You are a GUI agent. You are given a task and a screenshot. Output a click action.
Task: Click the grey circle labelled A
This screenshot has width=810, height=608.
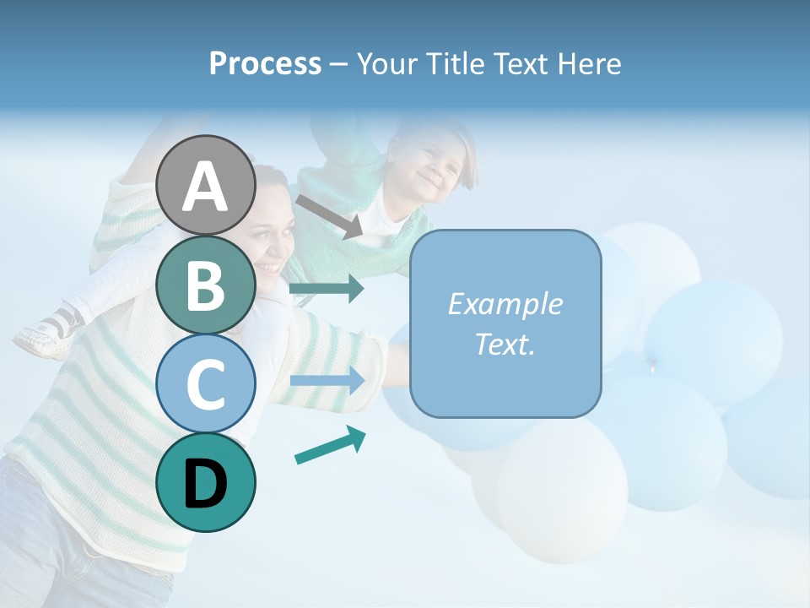pyautogui.click(x=206, y=185)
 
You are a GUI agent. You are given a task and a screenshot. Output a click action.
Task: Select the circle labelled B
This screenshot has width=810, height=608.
pyautogui.click(x=206, y=285)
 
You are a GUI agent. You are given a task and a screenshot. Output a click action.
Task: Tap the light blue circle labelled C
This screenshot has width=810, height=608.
pyautogui.click(x=206, y=384)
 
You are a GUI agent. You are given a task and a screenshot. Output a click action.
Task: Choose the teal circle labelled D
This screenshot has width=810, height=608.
pyautogui.click(x=206, y=483)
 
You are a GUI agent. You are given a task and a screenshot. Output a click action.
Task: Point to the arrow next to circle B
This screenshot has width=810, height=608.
pyautogui.click(x=327, y=289)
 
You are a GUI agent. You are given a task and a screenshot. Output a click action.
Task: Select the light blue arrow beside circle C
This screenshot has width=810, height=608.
pyautogui.click(x=327, y=380)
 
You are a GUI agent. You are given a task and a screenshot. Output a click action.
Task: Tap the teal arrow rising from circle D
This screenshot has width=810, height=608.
pyautogui.click(x=330, y=445)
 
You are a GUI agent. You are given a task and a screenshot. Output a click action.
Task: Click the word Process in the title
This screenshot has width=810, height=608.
pyautogui.click(x=265, y=64)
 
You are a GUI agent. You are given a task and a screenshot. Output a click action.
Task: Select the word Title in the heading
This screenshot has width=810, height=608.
pyautogui.click(x=461, y=64)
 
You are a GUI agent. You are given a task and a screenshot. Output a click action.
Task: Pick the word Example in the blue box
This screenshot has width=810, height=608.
pyautogui.click(x=505, y=304)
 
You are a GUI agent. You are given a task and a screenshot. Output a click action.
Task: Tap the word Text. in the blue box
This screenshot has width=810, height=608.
pyautogui.click(x=505, y=345)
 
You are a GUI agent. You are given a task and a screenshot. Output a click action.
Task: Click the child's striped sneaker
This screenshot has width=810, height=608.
pyautogui.click(x=46, y=332)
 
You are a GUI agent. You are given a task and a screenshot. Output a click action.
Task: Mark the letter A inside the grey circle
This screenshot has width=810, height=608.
pyautogui.click(x=206, y=186)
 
